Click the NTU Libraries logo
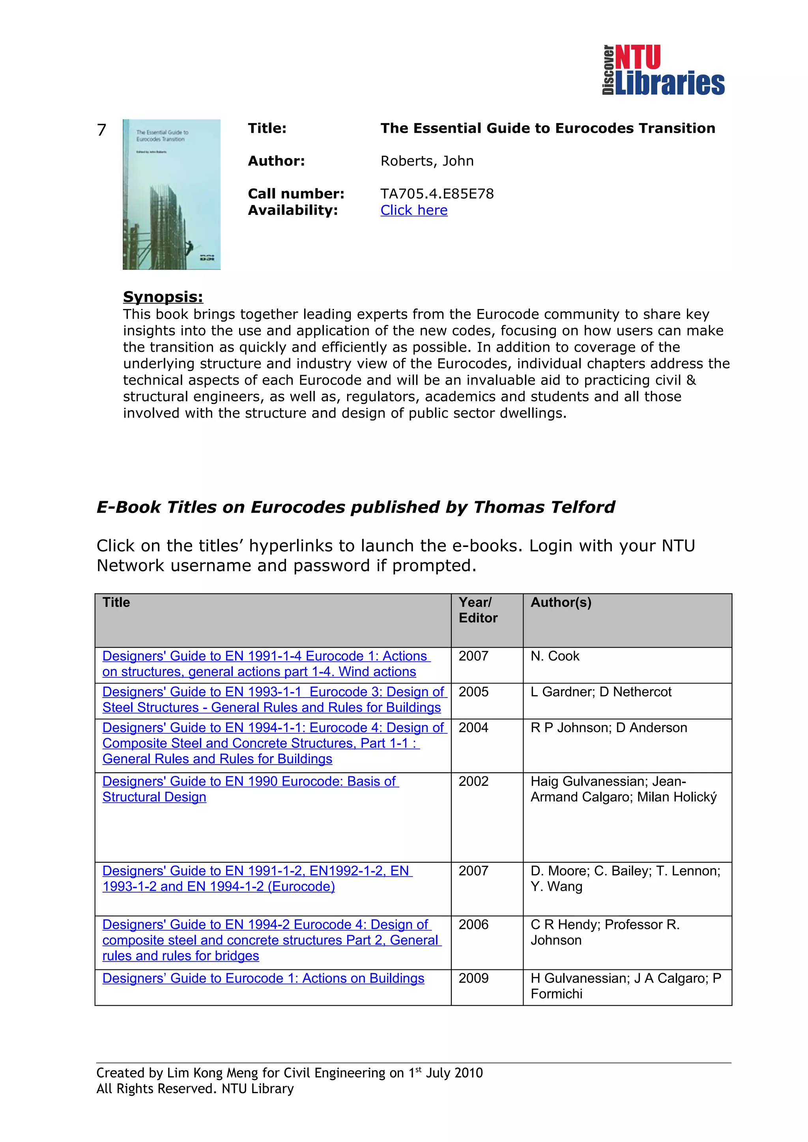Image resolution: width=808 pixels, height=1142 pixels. [x=663, y=70]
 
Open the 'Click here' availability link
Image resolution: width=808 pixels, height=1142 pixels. [x=414, y=210]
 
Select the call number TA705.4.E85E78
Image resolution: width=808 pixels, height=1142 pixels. [x=437, y=193]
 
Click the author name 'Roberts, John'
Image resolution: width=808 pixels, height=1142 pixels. [x=426, y=161]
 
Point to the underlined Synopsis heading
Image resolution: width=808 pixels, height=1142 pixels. [x=163, y=297]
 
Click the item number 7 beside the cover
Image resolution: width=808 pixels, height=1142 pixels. [x=101, y=130]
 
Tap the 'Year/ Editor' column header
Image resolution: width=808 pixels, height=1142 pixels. [x=477, y=610]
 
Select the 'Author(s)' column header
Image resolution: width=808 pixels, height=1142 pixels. [x=561, y=603]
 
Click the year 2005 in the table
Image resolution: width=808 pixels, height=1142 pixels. [x=473, y=692]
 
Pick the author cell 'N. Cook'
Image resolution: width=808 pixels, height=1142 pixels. [x=555, y=656]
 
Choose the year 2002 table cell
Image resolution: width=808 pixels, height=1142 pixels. [x=473, y=781]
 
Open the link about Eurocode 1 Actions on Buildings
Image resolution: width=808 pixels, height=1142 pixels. [x=263, y=978]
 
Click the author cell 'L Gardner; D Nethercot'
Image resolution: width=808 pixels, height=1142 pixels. [x=600, y=692]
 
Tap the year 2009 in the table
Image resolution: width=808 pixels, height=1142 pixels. [x=473, y=978]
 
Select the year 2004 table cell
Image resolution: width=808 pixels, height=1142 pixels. [x=473, y=728]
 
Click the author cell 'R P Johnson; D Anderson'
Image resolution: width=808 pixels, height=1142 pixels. [x=608, y=728]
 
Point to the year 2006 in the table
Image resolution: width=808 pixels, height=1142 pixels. [x=473, y=924]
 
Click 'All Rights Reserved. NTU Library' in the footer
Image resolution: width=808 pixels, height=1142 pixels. [x=195, y=1089]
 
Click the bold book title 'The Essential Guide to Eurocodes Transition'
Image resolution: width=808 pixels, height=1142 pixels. [x=547, y=128]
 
